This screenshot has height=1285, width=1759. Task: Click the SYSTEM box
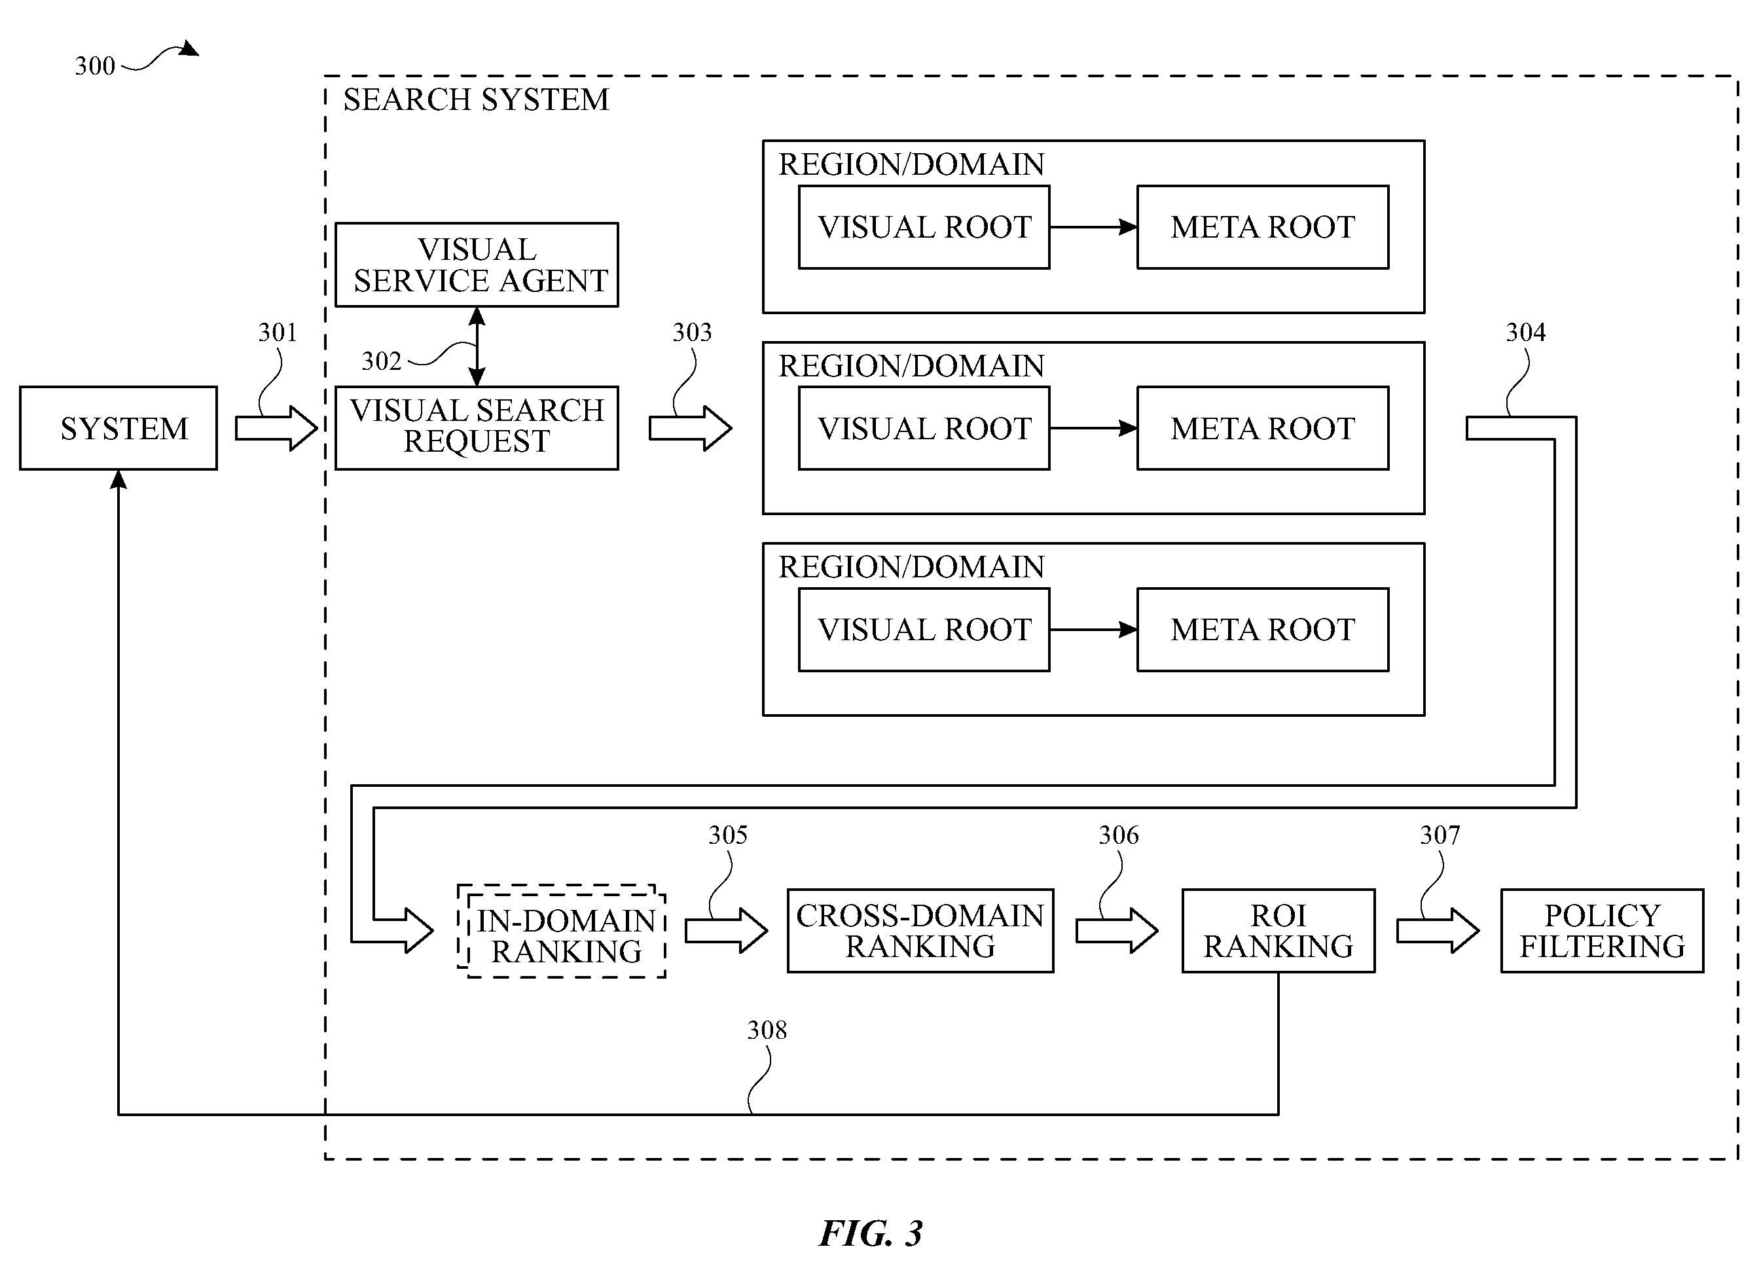coord(118,428)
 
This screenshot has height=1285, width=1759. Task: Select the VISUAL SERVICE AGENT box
coord(477,264)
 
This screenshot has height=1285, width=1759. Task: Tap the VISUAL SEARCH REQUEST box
coord(477,428)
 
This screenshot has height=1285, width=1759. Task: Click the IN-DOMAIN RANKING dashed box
coord(562,931)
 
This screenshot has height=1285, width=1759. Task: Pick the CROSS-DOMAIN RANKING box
coord(920,931)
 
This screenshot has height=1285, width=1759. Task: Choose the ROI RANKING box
coord(1278,931)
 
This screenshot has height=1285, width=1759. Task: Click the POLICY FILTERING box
coord(1603,931)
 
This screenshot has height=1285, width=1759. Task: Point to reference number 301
coord(278,332)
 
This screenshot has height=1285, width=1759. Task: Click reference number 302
coord(381,361)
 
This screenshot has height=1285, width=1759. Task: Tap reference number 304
coord(1525,332)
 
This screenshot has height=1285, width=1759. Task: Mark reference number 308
coord(767,1030)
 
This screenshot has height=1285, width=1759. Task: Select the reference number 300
coord(95,65)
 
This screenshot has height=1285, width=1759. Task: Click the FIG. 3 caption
coord(871,1233)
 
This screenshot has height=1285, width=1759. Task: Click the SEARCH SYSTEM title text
coord(476,100)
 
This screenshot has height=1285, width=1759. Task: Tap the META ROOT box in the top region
coord(1263,227)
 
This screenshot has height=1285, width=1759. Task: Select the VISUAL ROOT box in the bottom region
coord(924,629)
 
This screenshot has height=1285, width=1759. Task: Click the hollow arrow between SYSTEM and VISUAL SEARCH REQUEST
coord(276,428)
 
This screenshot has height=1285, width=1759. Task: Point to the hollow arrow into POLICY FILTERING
coord(1438,930)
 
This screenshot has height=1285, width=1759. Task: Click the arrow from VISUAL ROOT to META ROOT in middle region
coord(1093,428)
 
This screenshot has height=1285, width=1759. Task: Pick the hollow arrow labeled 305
coord(727,930)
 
